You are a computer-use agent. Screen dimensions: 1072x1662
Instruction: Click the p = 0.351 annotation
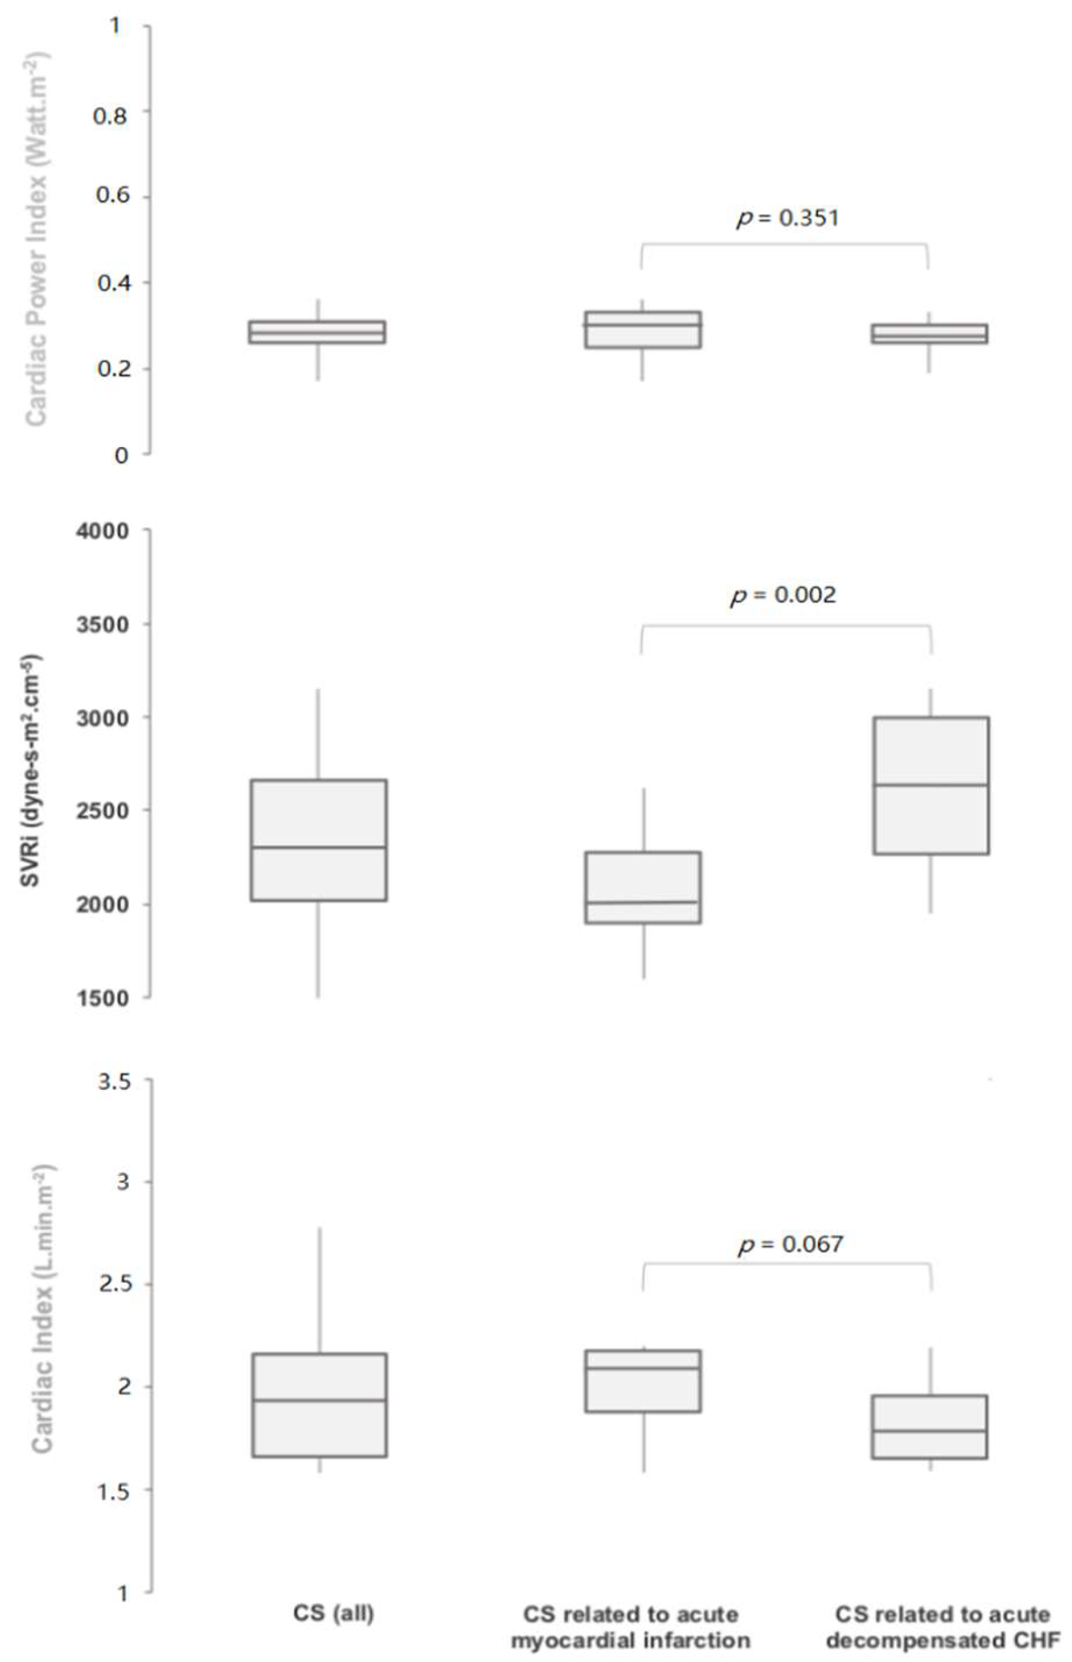pyautogui.click(x=787, y=219)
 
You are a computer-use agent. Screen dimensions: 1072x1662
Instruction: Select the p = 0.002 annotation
pyautogui.click(x=783, y=595)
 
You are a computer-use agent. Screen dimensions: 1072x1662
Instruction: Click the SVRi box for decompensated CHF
pyautogui.click(x=931, y=785)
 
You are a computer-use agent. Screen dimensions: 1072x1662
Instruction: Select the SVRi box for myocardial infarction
pyautogui.click(x=642, y=887)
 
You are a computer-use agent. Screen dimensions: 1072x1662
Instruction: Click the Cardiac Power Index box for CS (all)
pyautogui.click(x=318, y=332)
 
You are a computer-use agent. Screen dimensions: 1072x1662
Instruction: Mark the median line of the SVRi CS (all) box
pyautogui.click(x=320, y=847)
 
